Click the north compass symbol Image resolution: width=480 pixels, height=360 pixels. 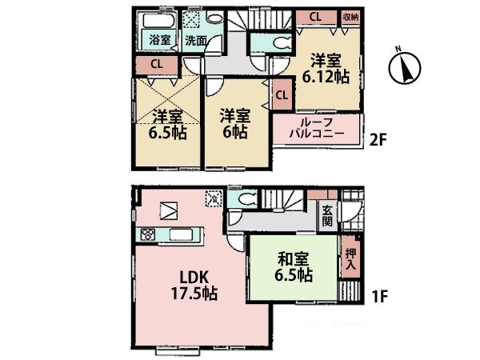[x=406, y=67]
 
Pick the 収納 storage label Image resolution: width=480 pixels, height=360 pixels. [x=350, y=16]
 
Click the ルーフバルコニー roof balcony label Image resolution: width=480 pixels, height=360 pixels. [x=318, y=127]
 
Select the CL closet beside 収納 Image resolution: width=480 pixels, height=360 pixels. [x=316, y=16]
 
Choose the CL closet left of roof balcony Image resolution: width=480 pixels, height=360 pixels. [x=281, y=95]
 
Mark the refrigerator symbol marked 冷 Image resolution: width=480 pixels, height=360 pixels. [x=213, y=195]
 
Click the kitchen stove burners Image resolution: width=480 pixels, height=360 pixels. [x=148, y=234]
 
